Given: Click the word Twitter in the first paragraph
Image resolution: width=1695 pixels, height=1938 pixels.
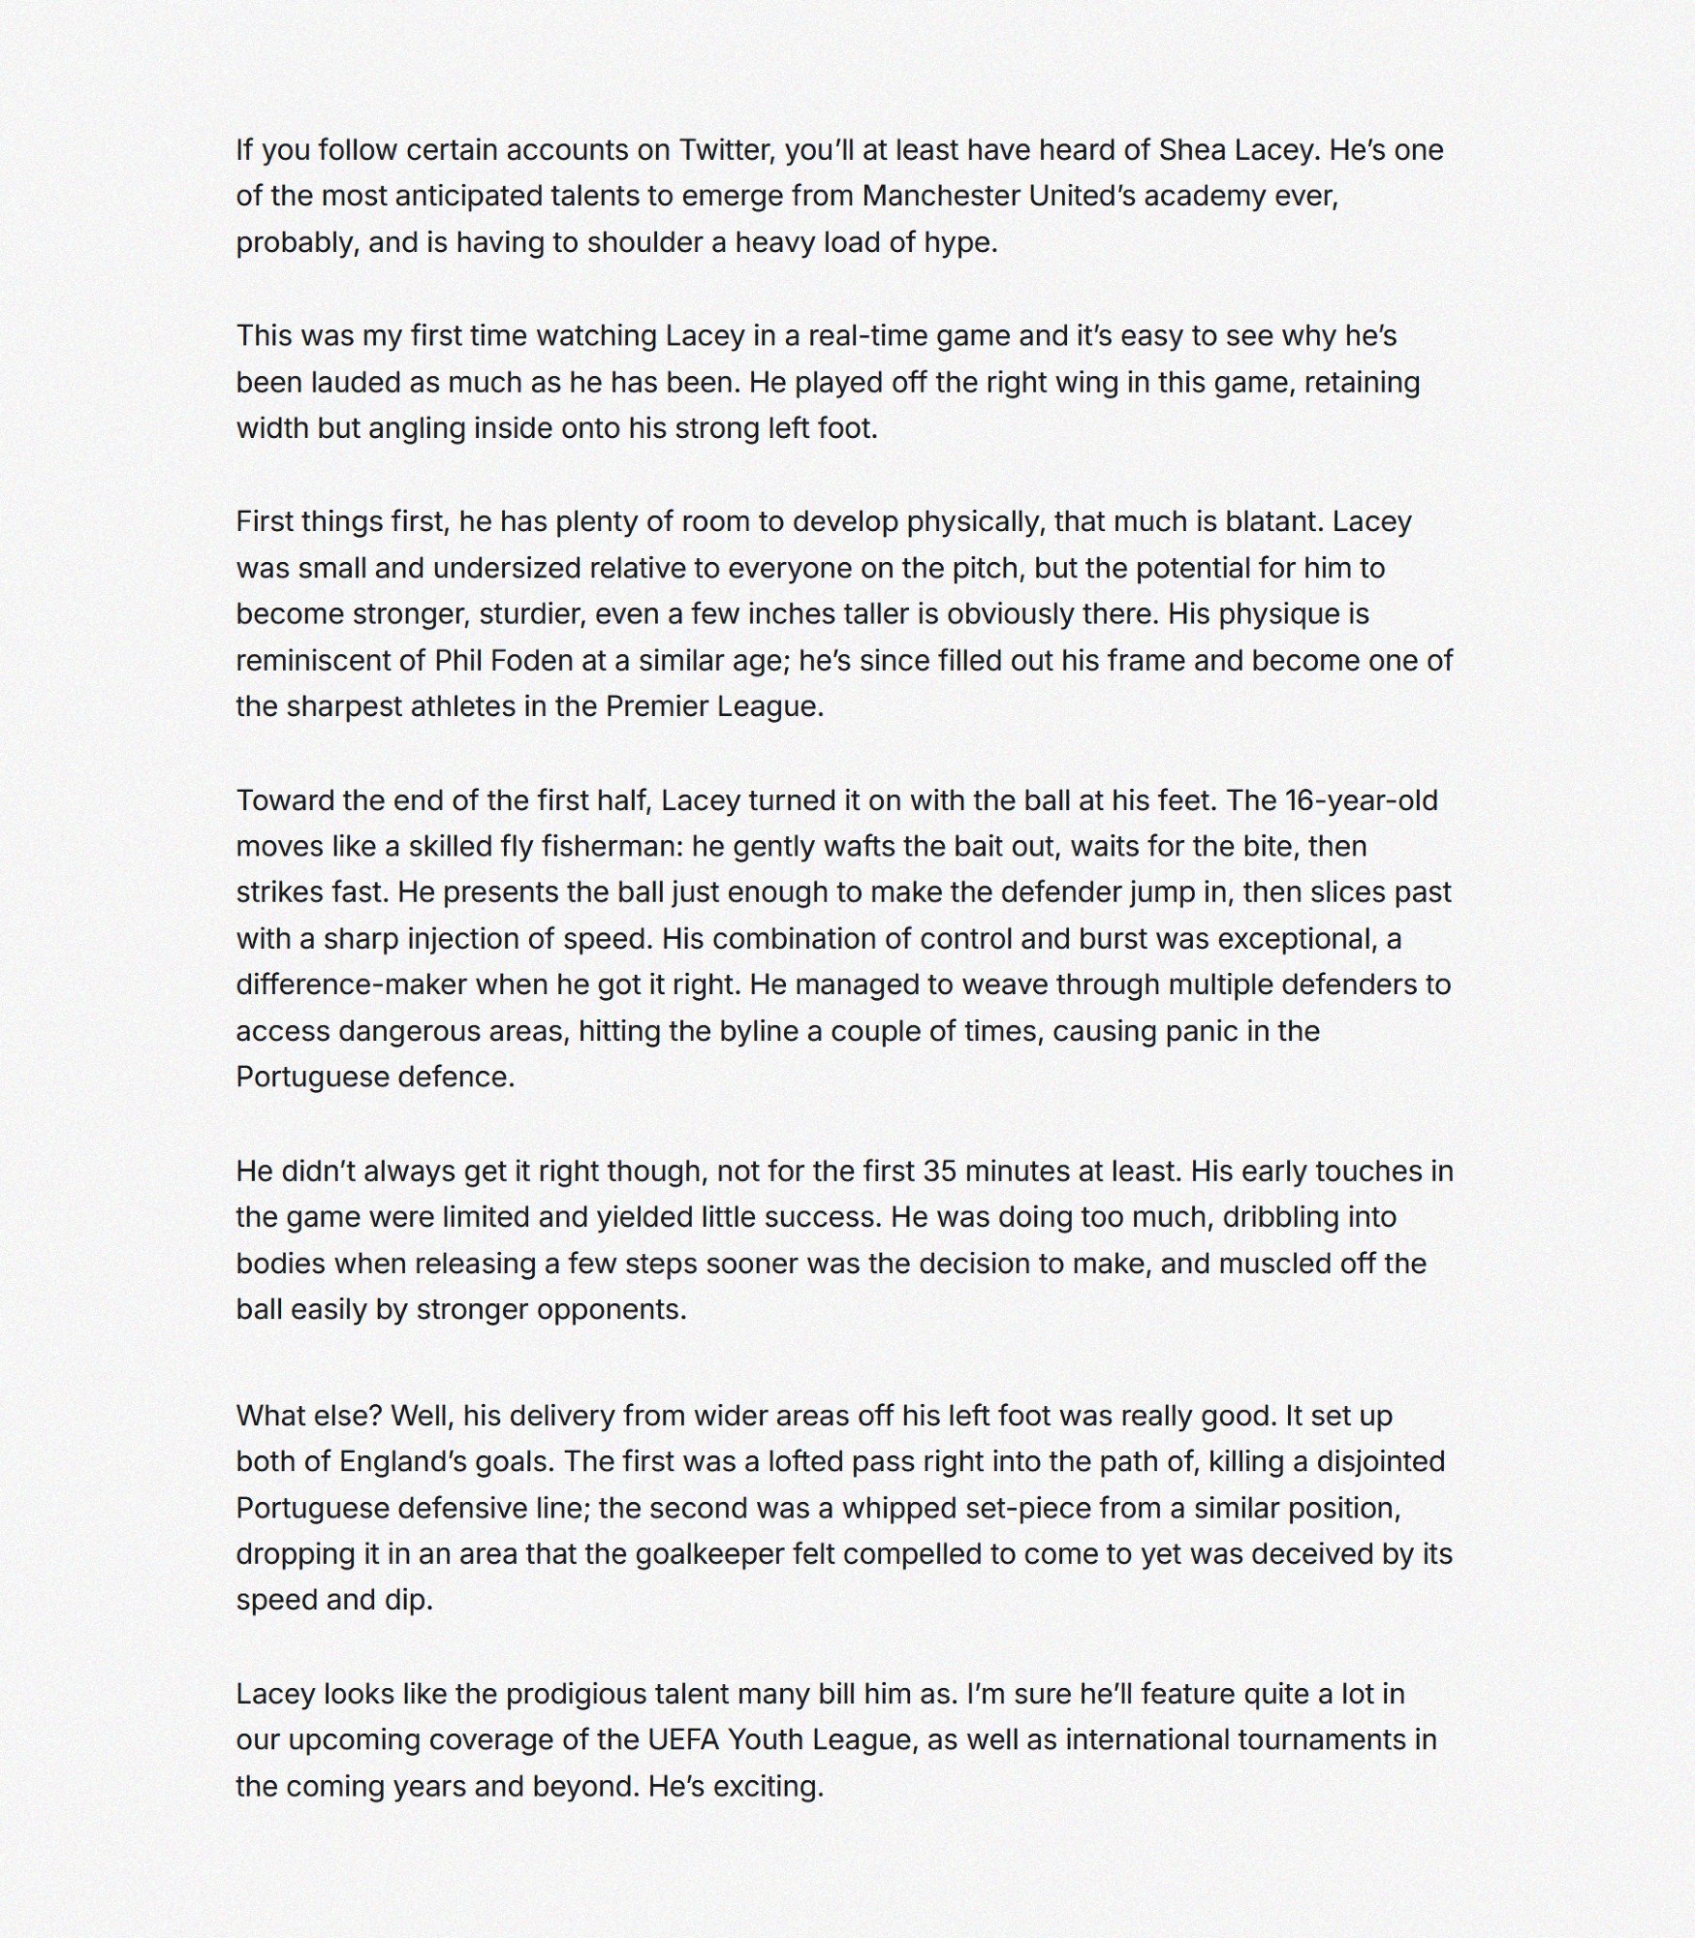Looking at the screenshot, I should [725, 150].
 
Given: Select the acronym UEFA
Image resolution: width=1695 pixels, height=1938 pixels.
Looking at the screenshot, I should [683, 1740].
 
